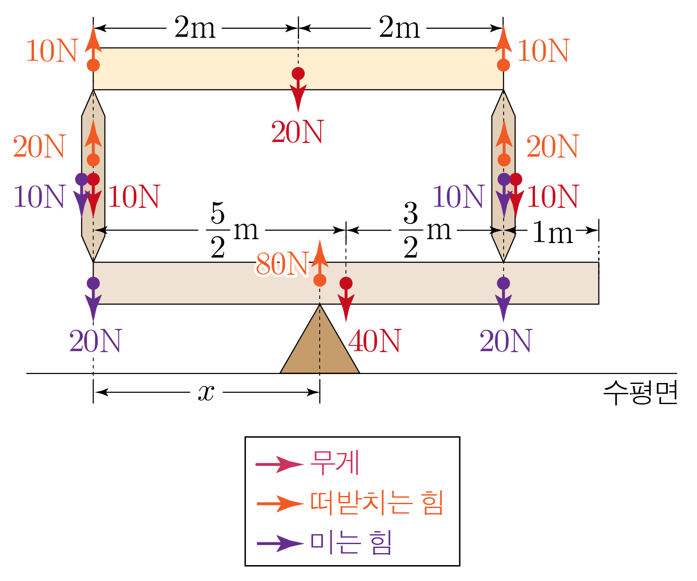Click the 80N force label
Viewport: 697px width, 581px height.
[281, 264]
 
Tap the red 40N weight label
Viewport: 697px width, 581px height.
[375, 341]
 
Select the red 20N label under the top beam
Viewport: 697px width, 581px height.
[297, 132]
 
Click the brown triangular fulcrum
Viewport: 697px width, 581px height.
[320, 348]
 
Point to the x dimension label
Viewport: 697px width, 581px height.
[206, 392]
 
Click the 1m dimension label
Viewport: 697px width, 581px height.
[553, 233]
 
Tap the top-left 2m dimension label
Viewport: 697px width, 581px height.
[195, 28]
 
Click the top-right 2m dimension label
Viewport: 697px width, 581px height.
[399, 28]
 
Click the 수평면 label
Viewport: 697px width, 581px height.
[640, 392]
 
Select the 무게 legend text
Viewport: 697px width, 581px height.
[335, 463]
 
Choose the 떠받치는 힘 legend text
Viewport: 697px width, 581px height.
[377, 503]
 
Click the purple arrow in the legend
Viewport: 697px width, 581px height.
[280, 544]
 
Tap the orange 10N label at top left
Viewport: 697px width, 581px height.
[52, 51]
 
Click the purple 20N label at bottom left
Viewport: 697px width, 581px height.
[95, 341]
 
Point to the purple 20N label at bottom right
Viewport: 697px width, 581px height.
[506, 341]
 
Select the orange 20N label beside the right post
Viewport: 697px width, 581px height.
[553, 147]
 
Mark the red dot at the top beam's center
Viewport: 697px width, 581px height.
[298, 74]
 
